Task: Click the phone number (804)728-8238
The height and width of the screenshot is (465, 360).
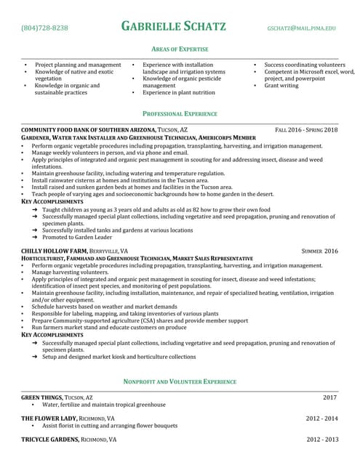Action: [45, 28]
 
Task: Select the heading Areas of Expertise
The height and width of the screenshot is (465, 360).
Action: [180, 49]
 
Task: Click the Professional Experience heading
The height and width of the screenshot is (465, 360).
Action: [180, 114]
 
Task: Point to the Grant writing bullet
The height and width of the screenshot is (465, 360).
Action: [281, 86]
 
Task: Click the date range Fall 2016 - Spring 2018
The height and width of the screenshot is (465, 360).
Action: [306, 129]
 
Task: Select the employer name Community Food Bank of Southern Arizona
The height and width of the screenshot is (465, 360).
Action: [89, 129]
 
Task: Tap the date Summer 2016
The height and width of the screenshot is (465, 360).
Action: [319, 251]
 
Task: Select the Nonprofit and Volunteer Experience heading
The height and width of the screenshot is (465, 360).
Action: [180, 381]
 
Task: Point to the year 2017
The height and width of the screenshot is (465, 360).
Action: [330, 397]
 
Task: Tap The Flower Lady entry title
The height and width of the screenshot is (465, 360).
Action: [47, 418]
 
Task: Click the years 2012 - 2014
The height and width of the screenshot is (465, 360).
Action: [321, 418]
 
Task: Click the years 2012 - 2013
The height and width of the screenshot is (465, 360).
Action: [321, 440]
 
